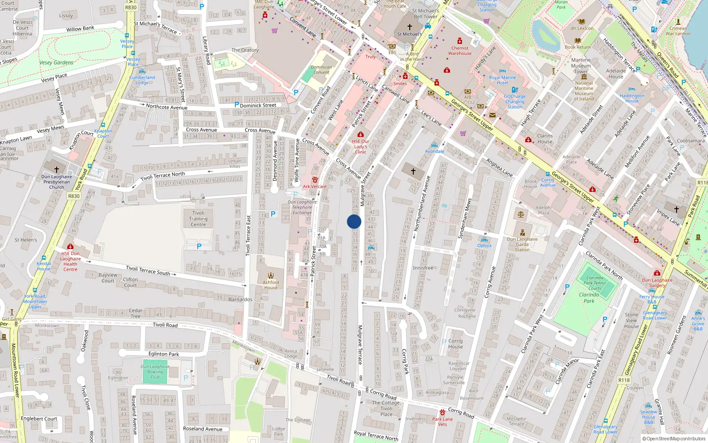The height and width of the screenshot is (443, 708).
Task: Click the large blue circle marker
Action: [354, 221]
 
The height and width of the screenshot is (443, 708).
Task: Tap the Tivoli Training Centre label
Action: [198, 219]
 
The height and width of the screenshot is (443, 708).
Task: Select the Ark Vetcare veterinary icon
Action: [315, 180]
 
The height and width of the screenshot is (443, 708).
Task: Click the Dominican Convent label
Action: [321, 70]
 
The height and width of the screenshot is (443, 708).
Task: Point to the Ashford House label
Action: [271, 285]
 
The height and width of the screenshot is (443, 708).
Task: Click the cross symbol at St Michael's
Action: [410, 27]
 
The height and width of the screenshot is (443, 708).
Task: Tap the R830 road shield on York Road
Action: [74, 196]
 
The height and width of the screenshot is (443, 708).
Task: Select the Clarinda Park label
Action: [589, 298]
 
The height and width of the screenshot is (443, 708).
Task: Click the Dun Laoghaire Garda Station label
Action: [522, 244]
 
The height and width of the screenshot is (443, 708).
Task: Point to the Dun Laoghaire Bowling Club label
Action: [155, 372]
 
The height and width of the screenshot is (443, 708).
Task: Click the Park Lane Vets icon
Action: [442, 412]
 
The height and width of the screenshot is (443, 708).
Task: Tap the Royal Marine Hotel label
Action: [502, 80]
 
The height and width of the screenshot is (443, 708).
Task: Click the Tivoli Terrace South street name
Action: [148, 270]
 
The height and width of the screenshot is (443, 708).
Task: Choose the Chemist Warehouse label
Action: [460, 51]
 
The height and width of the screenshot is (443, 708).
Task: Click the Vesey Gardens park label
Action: [56, 62]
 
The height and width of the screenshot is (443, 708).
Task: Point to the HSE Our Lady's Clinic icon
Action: [361, 134]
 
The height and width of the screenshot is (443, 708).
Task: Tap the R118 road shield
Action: [624, 380]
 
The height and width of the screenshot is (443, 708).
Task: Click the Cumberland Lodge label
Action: [142, 80]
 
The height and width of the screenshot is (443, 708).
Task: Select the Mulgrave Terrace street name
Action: [360, 345]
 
